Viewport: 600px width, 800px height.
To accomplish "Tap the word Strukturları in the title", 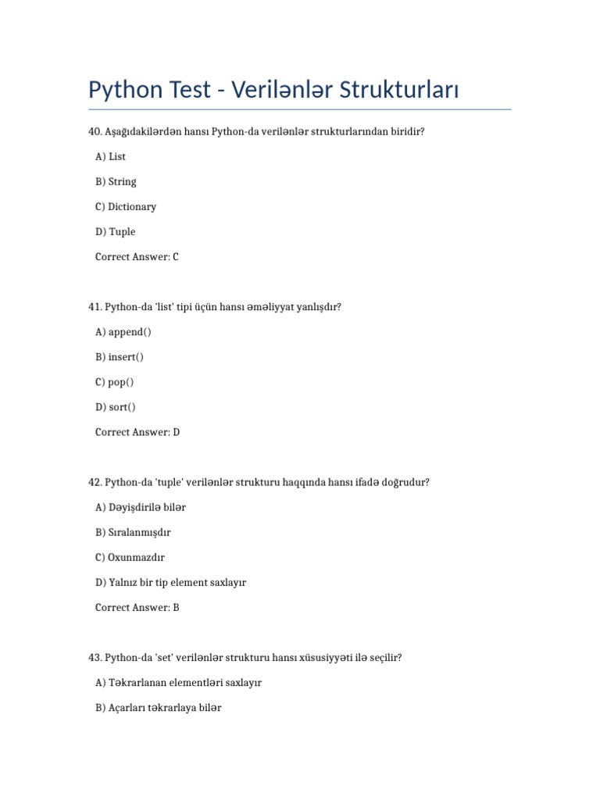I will (399, 91).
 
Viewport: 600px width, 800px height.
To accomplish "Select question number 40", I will (95, 132).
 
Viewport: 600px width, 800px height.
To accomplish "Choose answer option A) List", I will (110, 157).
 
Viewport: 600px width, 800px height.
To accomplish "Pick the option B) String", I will (116, 182).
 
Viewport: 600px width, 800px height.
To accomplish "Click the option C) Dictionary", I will (126, 207).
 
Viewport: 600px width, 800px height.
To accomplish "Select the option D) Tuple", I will (115, 232).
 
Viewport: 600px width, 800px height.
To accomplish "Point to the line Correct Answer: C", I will (137, 257).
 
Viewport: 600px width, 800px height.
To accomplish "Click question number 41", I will (95, 307).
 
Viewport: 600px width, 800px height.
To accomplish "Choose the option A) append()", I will (123, 332).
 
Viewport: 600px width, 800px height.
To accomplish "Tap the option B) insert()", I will (120, 357).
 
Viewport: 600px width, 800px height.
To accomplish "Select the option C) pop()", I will (115, 382).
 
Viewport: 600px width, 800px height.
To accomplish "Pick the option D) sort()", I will (116, 407).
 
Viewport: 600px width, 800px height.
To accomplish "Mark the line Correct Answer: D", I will (137, 432).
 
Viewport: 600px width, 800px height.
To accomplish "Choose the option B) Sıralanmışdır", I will (133, 532).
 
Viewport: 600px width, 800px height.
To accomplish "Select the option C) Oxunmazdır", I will (130, 557).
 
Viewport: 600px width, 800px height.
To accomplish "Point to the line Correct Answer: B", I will (137, 607).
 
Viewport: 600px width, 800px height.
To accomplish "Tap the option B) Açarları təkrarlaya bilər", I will (159, 708).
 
